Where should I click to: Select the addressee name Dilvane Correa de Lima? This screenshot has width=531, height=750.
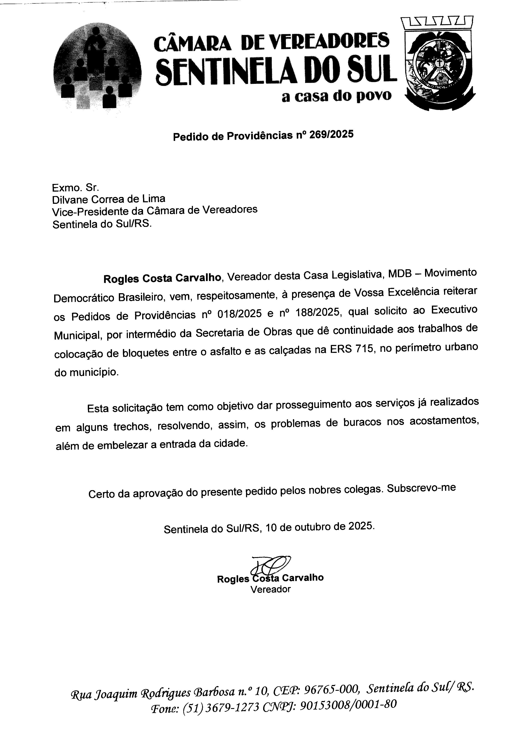click(x=109, y=199)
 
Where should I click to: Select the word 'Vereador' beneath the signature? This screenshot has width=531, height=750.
click(x=270, y=589)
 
